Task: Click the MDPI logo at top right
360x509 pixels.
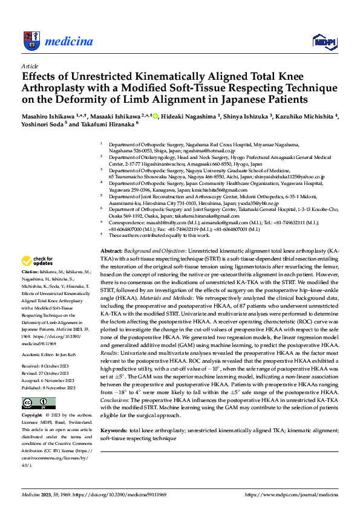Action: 324,41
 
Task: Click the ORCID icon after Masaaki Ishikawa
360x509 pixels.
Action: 155,115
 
